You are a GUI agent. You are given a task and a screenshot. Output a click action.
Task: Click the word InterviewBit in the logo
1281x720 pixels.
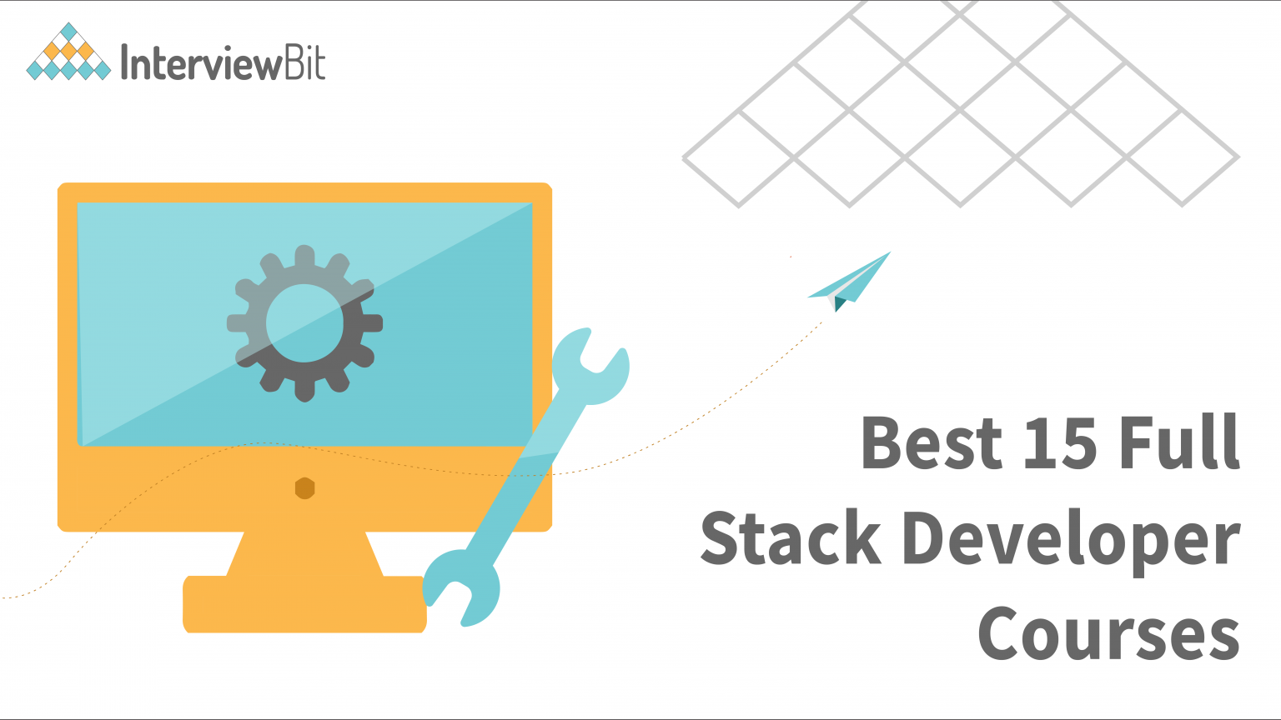tap(223, 62)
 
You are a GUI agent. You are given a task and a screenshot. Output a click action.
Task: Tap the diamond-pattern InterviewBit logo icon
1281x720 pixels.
tap(68, 52)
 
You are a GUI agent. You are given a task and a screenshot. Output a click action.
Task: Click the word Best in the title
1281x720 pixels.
tap(930, 442)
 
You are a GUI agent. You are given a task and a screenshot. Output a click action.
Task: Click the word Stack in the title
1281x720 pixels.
tap(790, 538)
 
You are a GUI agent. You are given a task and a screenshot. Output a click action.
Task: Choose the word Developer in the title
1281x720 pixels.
tap(1071, 542)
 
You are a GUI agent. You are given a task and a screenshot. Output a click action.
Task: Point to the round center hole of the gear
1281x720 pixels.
tap(304, 323)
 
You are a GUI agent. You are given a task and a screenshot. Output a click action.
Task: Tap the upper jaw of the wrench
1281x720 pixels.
tap(590, 367)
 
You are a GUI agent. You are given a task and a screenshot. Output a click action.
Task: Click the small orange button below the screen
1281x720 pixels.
tap(304, 488)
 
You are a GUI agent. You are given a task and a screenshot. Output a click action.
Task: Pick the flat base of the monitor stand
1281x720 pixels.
tap(304, 604)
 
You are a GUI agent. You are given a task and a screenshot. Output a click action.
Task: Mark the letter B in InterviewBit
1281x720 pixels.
tap(294, 62)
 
